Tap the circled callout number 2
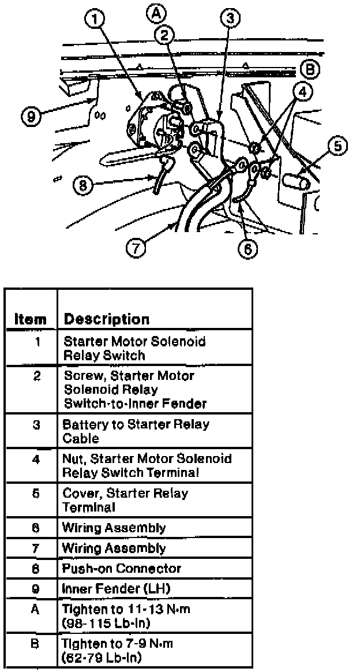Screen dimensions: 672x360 (x=165, y=35)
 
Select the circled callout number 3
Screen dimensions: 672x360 (x=230, y=19)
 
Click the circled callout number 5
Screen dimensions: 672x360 (x=337, y=147)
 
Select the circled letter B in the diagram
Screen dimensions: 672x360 (x=309, y=70)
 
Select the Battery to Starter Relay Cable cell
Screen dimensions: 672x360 (x=136, y=431)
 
